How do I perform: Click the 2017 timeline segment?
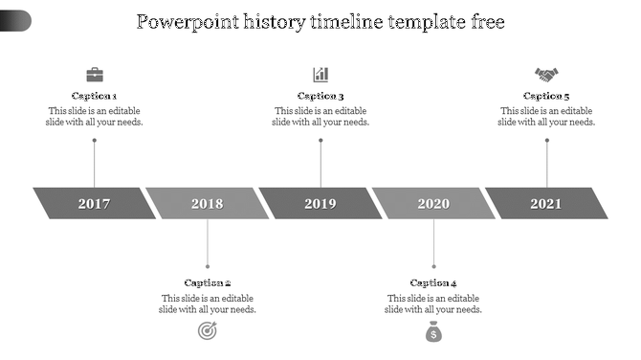[x=94, y=203]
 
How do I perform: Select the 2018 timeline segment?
[x=207, y=203]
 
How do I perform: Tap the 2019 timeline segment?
[x=320, y=203]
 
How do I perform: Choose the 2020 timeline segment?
[x=433, y=203]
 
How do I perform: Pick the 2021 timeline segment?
[x=546, y=203]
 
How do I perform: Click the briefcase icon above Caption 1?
[x=95, y=74]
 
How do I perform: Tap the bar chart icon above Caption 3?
[x=320, y=74]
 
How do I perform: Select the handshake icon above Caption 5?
[x=546, y=74]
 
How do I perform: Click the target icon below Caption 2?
[x=207, y=331]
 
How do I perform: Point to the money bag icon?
[x=433, y=331]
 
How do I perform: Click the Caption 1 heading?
[x=95, y=96]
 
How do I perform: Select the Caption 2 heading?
[x=208, y=282]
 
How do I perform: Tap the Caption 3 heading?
[x=320, y=96]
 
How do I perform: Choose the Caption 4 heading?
[x=433, y=282]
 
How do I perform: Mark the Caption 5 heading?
[x=546, y=96]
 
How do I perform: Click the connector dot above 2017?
[x=95, y=141]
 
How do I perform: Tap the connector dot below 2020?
[x=433, y=265]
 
